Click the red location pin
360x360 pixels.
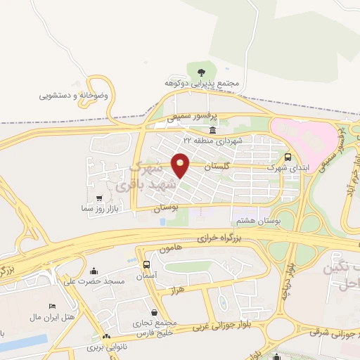tap(181, 165)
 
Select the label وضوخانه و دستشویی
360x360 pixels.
tap(73, 94)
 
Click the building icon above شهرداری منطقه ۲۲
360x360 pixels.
tap(212, 131)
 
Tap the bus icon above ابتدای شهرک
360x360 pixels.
tap(288, 157)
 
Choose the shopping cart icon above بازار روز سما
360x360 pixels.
tap(98, 198)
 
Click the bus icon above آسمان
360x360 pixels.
tap(146, 265)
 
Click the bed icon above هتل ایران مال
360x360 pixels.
tap(52, 307)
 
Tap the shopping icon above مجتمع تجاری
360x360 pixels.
tap(154, 311)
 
